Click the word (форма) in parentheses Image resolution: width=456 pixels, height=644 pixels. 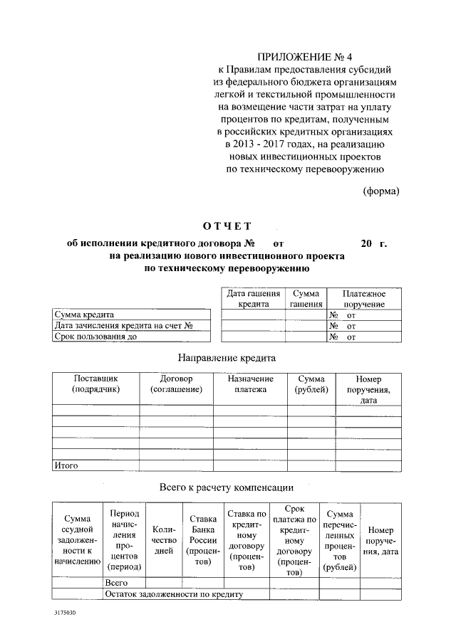[380, 191]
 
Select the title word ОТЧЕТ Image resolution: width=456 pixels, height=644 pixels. [227, 227]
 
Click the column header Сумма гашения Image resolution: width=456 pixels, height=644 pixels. [305, 298]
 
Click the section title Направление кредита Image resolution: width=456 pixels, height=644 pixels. [227, 357]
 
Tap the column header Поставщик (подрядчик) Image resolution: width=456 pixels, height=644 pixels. [95, 384]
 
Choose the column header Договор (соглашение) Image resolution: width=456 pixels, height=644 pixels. [176, 384]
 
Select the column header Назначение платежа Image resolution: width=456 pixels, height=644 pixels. [250, 384]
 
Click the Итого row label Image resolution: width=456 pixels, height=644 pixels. [66, 466]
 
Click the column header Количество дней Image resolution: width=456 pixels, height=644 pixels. [164, 540]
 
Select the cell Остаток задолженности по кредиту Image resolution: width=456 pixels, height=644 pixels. [175, 593]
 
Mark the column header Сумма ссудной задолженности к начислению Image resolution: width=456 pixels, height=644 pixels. [77, 540]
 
